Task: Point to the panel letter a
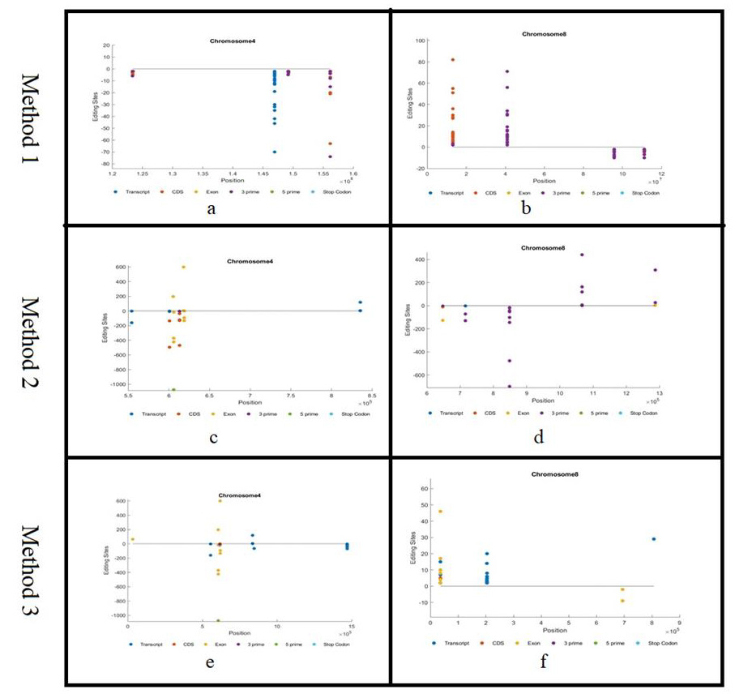coord(212,208)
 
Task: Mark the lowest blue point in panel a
coord(275,152)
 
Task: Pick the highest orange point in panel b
coord(453,60)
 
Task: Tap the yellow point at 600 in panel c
coord(183,267)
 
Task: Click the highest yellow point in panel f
coord(440,512)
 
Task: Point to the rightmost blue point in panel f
coord(653,539)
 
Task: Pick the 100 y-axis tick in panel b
coord(421,41)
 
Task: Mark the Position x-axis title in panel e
coord(238,632)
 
